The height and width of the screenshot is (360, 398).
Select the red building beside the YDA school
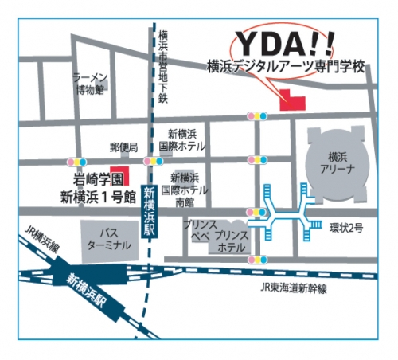tap(291, 101)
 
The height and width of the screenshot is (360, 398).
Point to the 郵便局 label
tap(123, 147)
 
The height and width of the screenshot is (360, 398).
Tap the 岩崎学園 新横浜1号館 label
tap(97, 186)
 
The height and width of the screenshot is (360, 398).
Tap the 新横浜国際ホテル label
tap(182, 141)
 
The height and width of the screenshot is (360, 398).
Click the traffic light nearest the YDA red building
tap(257, 116)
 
